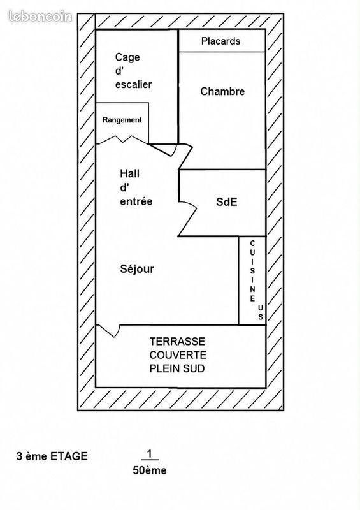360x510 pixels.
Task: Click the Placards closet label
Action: (x=220, y=41)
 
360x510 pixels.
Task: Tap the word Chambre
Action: (x=222, y=91)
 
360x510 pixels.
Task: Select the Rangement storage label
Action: (x=122, y=120)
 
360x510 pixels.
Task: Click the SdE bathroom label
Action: (x=227, y=202)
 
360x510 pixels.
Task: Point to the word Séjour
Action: (x=137, y=269)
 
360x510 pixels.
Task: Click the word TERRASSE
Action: (x=177, y=342)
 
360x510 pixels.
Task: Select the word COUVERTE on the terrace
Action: (x=178, y=355)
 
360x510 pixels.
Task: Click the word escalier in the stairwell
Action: (x=133, y=85)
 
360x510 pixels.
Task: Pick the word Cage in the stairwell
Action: (x=127, y=57)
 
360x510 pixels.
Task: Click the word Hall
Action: (x=129, y=173)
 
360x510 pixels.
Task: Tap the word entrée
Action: (x=136, y=201)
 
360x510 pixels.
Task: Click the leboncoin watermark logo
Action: (x=40, y=16)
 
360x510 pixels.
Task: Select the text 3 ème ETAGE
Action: (x=52, y=456)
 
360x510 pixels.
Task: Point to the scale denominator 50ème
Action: (x=150, y=470)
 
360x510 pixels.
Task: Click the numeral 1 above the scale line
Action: (x=150, y=454)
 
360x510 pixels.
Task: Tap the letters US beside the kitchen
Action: (x=261, y=312)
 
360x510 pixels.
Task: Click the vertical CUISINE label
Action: (x=252, y=270)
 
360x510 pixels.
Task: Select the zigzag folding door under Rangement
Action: (x=122, y=140)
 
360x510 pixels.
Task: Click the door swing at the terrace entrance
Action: (x=108, y=330)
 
